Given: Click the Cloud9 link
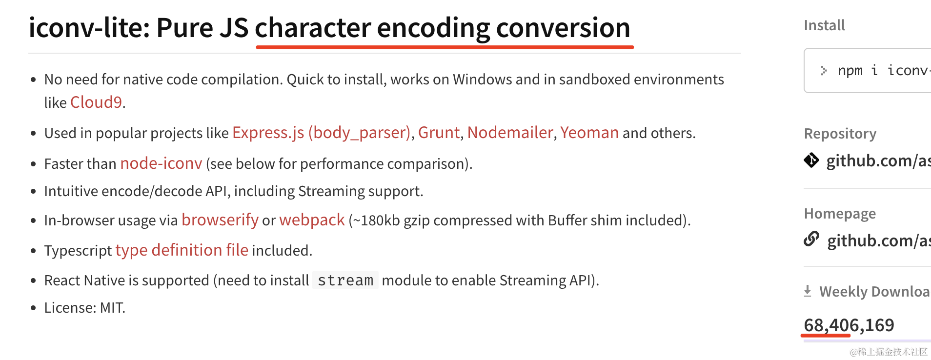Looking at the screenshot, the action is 96,102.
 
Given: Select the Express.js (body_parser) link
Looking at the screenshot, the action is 322,133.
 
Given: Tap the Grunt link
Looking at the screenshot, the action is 439,133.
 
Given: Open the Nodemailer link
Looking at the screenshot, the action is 510,133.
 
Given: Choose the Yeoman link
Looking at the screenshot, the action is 589,133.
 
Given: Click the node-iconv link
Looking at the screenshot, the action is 161,163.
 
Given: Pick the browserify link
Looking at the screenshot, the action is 220,220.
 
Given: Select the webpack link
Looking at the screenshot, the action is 312,220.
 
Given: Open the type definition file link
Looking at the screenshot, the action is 182,250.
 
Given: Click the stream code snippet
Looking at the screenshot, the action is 345,280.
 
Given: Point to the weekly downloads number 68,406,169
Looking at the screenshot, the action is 849,325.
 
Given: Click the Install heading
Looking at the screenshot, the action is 824,25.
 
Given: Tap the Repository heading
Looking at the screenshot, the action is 840,134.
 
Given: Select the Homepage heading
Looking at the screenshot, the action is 840,214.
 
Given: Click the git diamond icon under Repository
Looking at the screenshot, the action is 811,160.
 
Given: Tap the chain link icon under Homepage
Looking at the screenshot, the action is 811,239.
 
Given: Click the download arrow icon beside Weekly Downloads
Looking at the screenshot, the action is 808,291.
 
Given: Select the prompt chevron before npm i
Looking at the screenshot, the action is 824,71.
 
